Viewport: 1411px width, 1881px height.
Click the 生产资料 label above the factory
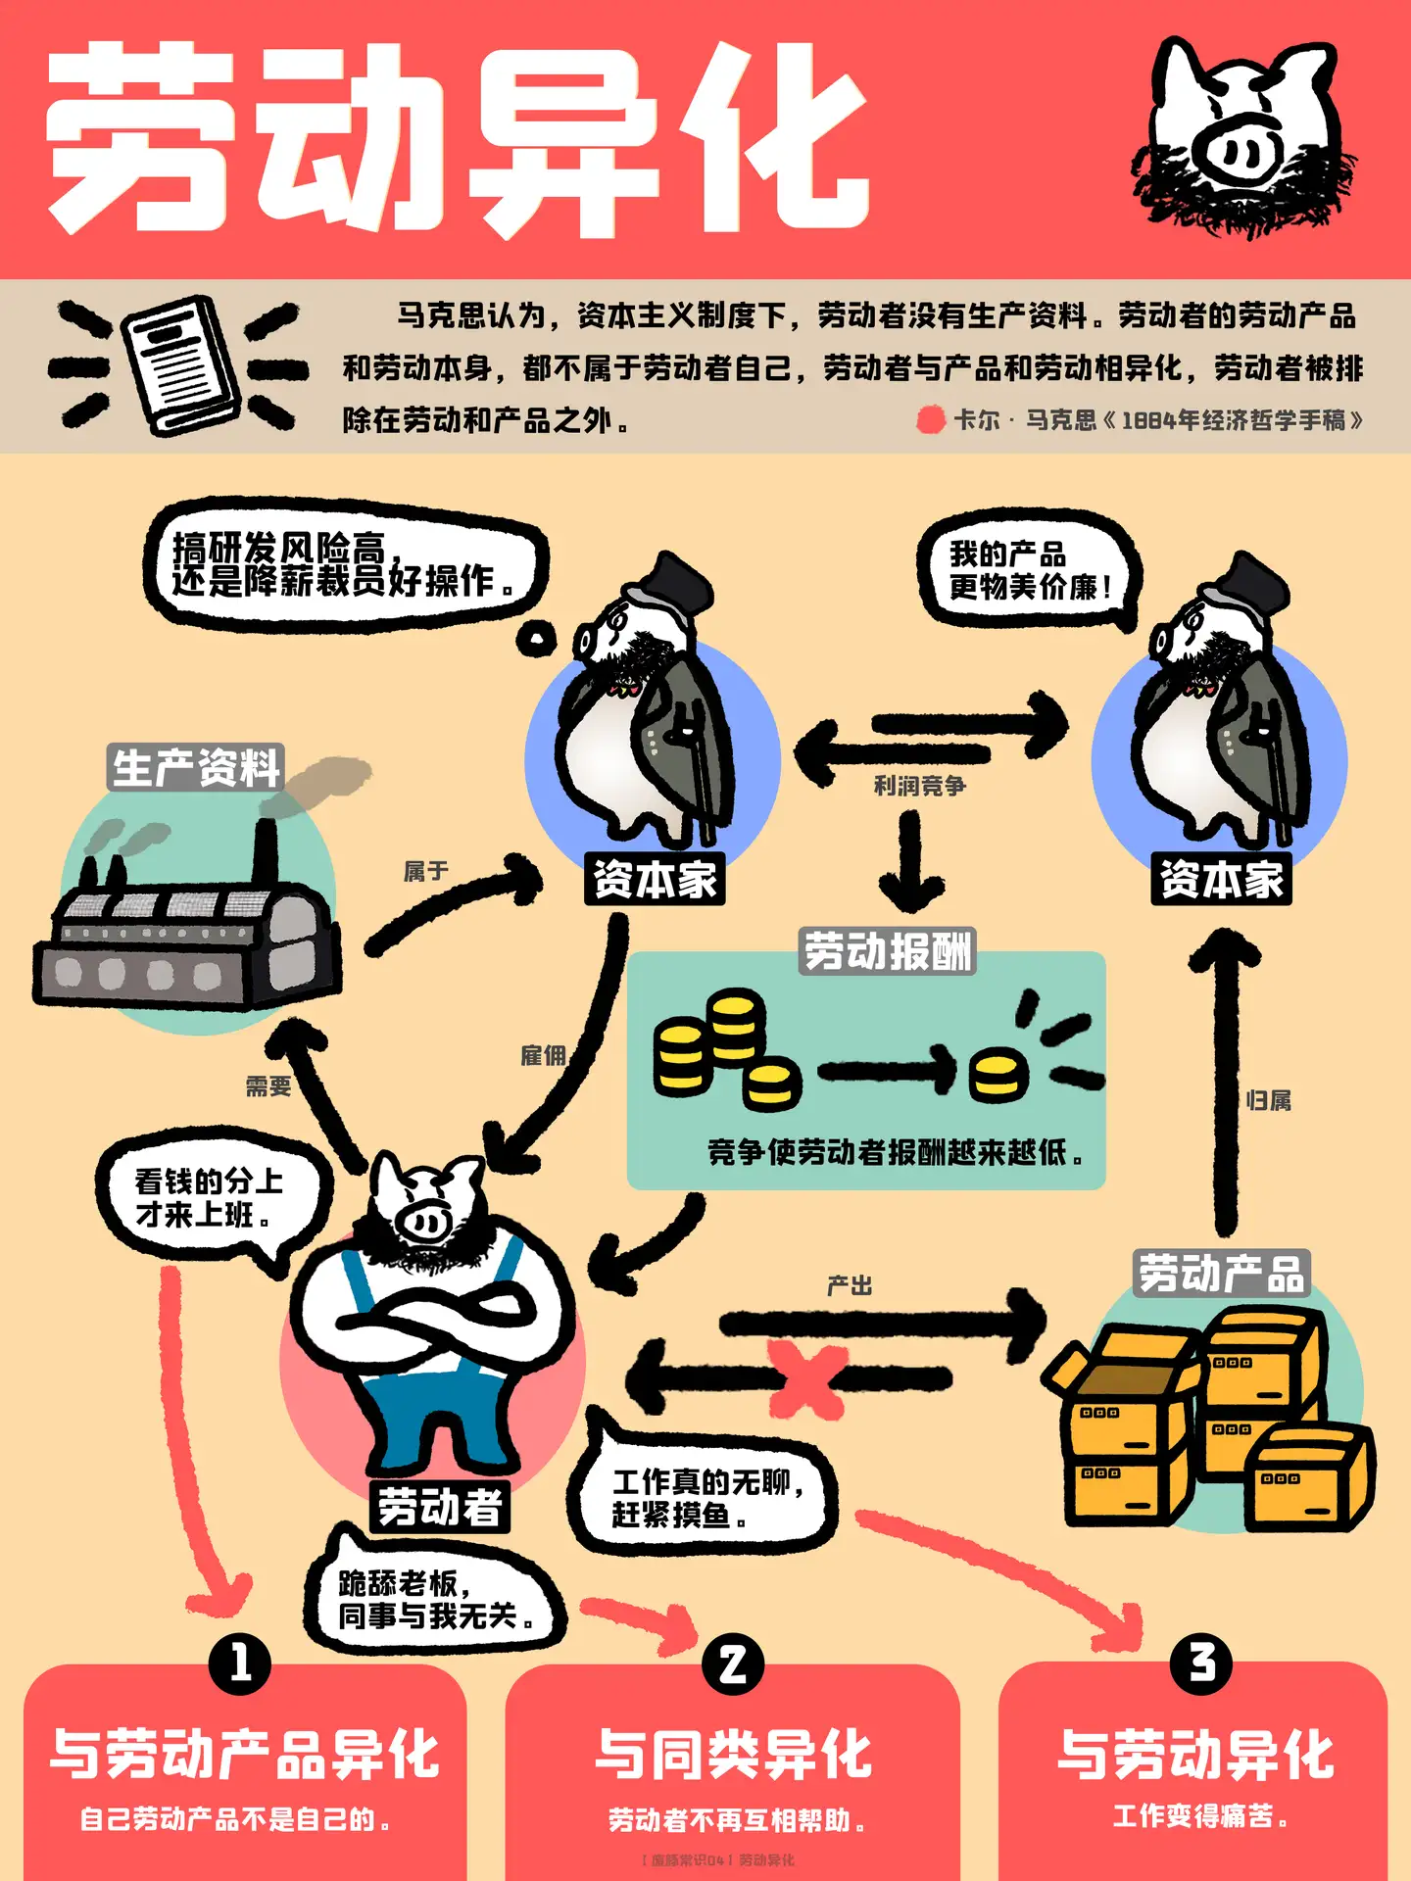196,767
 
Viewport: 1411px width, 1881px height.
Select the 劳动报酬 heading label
888,951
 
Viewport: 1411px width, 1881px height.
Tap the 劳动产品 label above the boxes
1221,1274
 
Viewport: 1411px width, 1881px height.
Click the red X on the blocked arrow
805,1379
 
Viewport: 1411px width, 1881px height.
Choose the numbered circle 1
240,1664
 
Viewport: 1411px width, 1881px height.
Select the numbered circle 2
733,1664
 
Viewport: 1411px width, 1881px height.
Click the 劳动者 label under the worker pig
440,1506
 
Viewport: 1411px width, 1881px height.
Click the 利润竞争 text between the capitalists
919,786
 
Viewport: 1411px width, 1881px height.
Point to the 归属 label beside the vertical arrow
1269,1101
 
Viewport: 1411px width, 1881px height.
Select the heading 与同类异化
733,1754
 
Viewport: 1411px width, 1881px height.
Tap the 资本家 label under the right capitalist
1221,879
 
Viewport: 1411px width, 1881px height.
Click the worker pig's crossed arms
436,1313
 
